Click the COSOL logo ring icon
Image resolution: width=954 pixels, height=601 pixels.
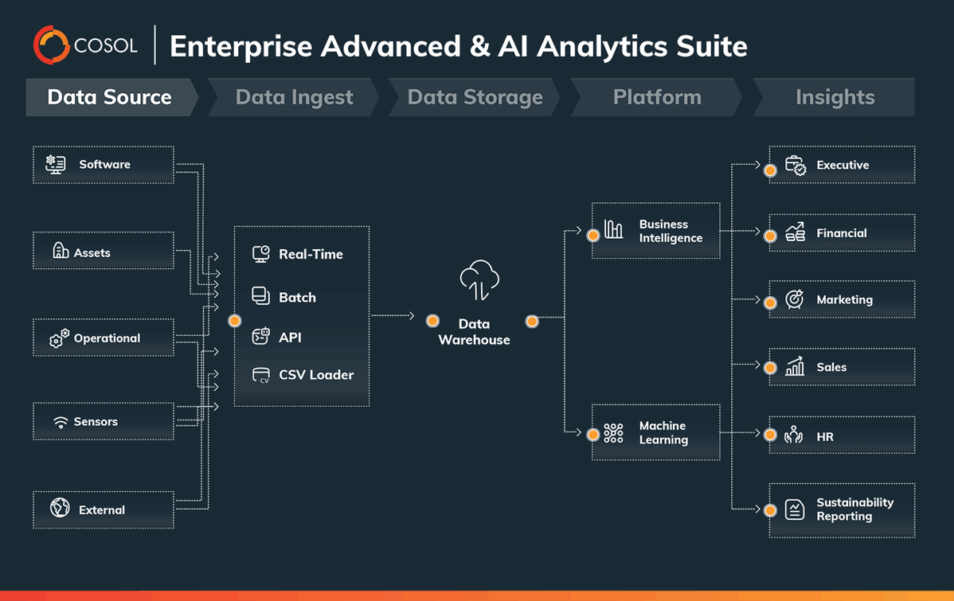tap(52, 45)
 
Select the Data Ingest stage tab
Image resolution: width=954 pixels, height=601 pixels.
tap(294, 97)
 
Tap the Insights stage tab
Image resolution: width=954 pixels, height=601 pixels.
tap(835, 97)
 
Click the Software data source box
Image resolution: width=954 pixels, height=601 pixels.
tap(104, 165)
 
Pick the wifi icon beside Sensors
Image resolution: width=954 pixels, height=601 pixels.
tap(61, 422)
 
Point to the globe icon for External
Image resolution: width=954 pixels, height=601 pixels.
tap(60, 508)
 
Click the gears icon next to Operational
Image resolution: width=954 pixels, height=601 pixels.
tap(59, 338)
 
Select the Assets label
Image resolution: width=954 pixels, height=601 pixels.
tap(92, 252)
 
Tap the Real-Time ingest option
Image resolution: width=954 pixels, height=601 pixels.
tap(311, 255)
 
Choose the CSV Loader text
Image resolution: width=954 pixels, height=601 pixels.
tap(316, 375)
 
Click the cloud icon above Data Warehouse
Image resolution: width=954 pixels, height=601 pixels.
tap(479, 279)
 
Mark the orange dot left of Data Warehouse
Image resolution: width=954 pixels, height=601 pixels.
tap(432, 321)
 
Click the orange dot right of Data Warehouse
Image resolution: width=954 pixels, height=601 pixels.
tap(532, 321)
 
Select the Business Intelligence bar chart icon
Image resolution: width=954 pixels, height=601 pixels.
tap(613, 230)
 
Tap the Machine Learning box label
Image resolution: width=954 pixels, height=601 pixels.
tap(663, 433)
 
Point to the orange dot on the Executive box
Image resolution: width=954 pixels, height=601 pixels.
tap(770, 170)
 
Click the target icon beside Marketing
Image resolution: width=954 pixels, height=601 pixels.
tap(794, 299)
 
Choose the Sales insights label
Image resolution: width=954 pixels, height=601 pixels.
tap(831, 367)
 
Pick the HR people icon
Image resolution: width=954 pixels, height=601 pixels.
tap(793, 435)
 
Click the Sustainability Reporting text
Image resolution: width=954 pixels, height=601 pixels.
tap(854, 509)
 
